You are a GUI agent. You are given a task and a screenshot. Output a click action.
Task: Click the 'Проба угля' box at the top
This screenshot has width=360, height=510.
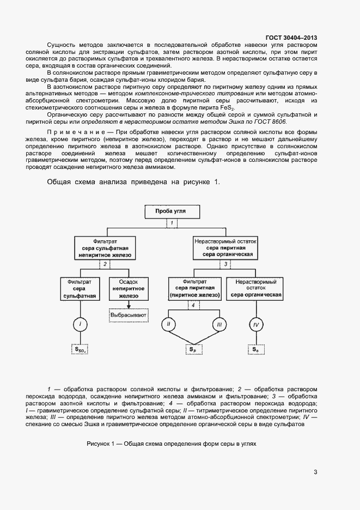click(172, 212)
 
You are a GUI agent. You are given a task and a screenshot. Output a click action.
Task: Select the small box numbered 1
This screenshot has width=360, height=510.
click(172, 223)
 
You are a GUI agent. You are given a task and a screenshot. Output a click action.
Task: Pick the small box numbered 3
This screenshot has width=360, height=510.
click(225, 264)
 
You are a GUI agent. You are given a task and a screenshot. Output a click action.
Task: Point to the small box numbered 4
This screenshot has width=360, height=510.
click(192, 305)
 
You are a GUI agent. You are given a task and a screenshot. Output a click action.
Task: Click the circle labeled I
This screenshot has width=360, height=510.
click(80, 325)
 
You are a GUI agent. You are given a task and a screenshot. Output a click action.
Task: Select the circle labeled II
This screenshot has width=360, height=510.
click(169, 325)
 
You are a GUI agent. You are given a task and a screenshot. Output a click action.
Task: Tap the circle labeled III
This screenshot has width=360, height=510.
click(218, 325)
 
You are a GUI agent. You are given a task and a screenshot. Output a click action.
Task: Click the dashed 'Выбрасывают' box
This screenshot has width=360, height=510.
click(129, 315)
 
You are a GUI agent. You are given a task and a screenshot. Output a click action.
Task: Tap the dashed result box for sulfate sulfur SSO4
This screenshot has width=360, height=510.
click(80, 349)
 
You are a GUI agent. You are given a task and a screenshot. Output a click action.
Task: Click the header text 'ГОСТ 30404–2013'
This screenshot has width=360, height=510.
click(291, 38)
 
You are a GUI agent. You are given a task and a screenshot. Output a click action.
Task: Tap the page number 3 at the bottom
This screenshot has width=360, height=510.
click(315, 472)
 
